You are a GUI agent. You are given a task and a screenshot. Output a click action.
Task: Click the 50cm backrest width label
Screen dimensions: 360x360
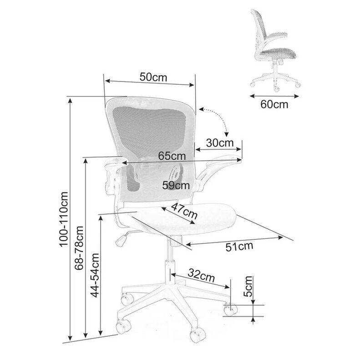[153, 77]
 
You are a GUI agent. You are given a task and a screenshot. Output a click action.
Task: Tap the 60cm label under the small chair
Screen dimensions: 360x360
[274, 104]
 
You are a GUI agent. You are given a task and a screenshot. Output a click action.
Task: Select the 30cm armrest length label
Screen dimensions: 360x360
[220, 143]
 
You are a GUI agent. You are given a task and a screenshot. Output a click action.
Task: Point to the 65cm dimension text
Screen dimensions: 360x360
[172, 156]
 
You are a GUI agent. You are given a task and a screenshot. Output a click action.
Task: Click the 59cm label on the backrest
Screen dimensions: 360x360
[176, 185]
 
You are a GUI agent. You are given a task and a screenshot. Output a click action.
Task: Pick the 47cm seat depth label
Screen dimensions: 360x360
[184, 211]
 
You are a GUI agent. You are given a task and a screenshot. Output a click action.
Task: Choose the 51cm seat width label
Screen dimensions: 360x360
[239, 247]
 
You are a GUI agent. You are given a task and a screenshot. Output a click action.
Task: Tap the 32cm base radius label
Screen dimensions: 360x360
[201, 275]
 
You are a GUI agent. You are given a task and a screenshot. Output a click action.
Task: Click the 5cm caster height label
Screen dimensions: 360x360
[248, 286]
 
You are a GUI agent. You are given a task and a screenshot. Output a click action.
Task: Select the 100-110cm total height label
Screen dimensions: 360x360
[64, 219]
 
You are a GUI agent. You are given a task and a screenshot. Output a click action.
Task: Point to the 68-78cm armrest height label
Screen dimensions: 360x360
[79, 248]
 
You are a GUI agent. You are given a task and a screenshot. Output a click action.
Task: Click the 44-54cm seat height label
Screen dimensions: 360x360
[95, 275]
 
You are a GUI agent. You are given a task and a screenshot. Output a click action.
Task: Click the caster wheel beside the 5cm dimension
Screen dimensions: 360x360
[230, 309]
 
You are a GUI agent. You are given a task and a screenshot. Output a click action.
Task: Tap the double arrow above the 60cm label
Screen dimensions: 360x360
[274, 96]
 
